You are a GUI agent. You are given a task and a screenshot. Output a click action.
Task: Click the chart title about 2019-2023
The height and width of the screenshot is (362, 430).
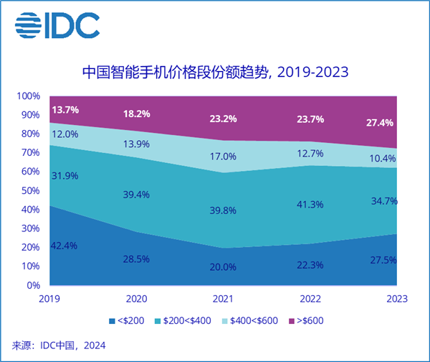(x=215, y=72)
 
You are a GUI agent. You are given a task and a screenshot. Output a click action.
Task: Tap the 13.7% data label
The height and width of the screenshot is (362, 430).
(x=65, y=110)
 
